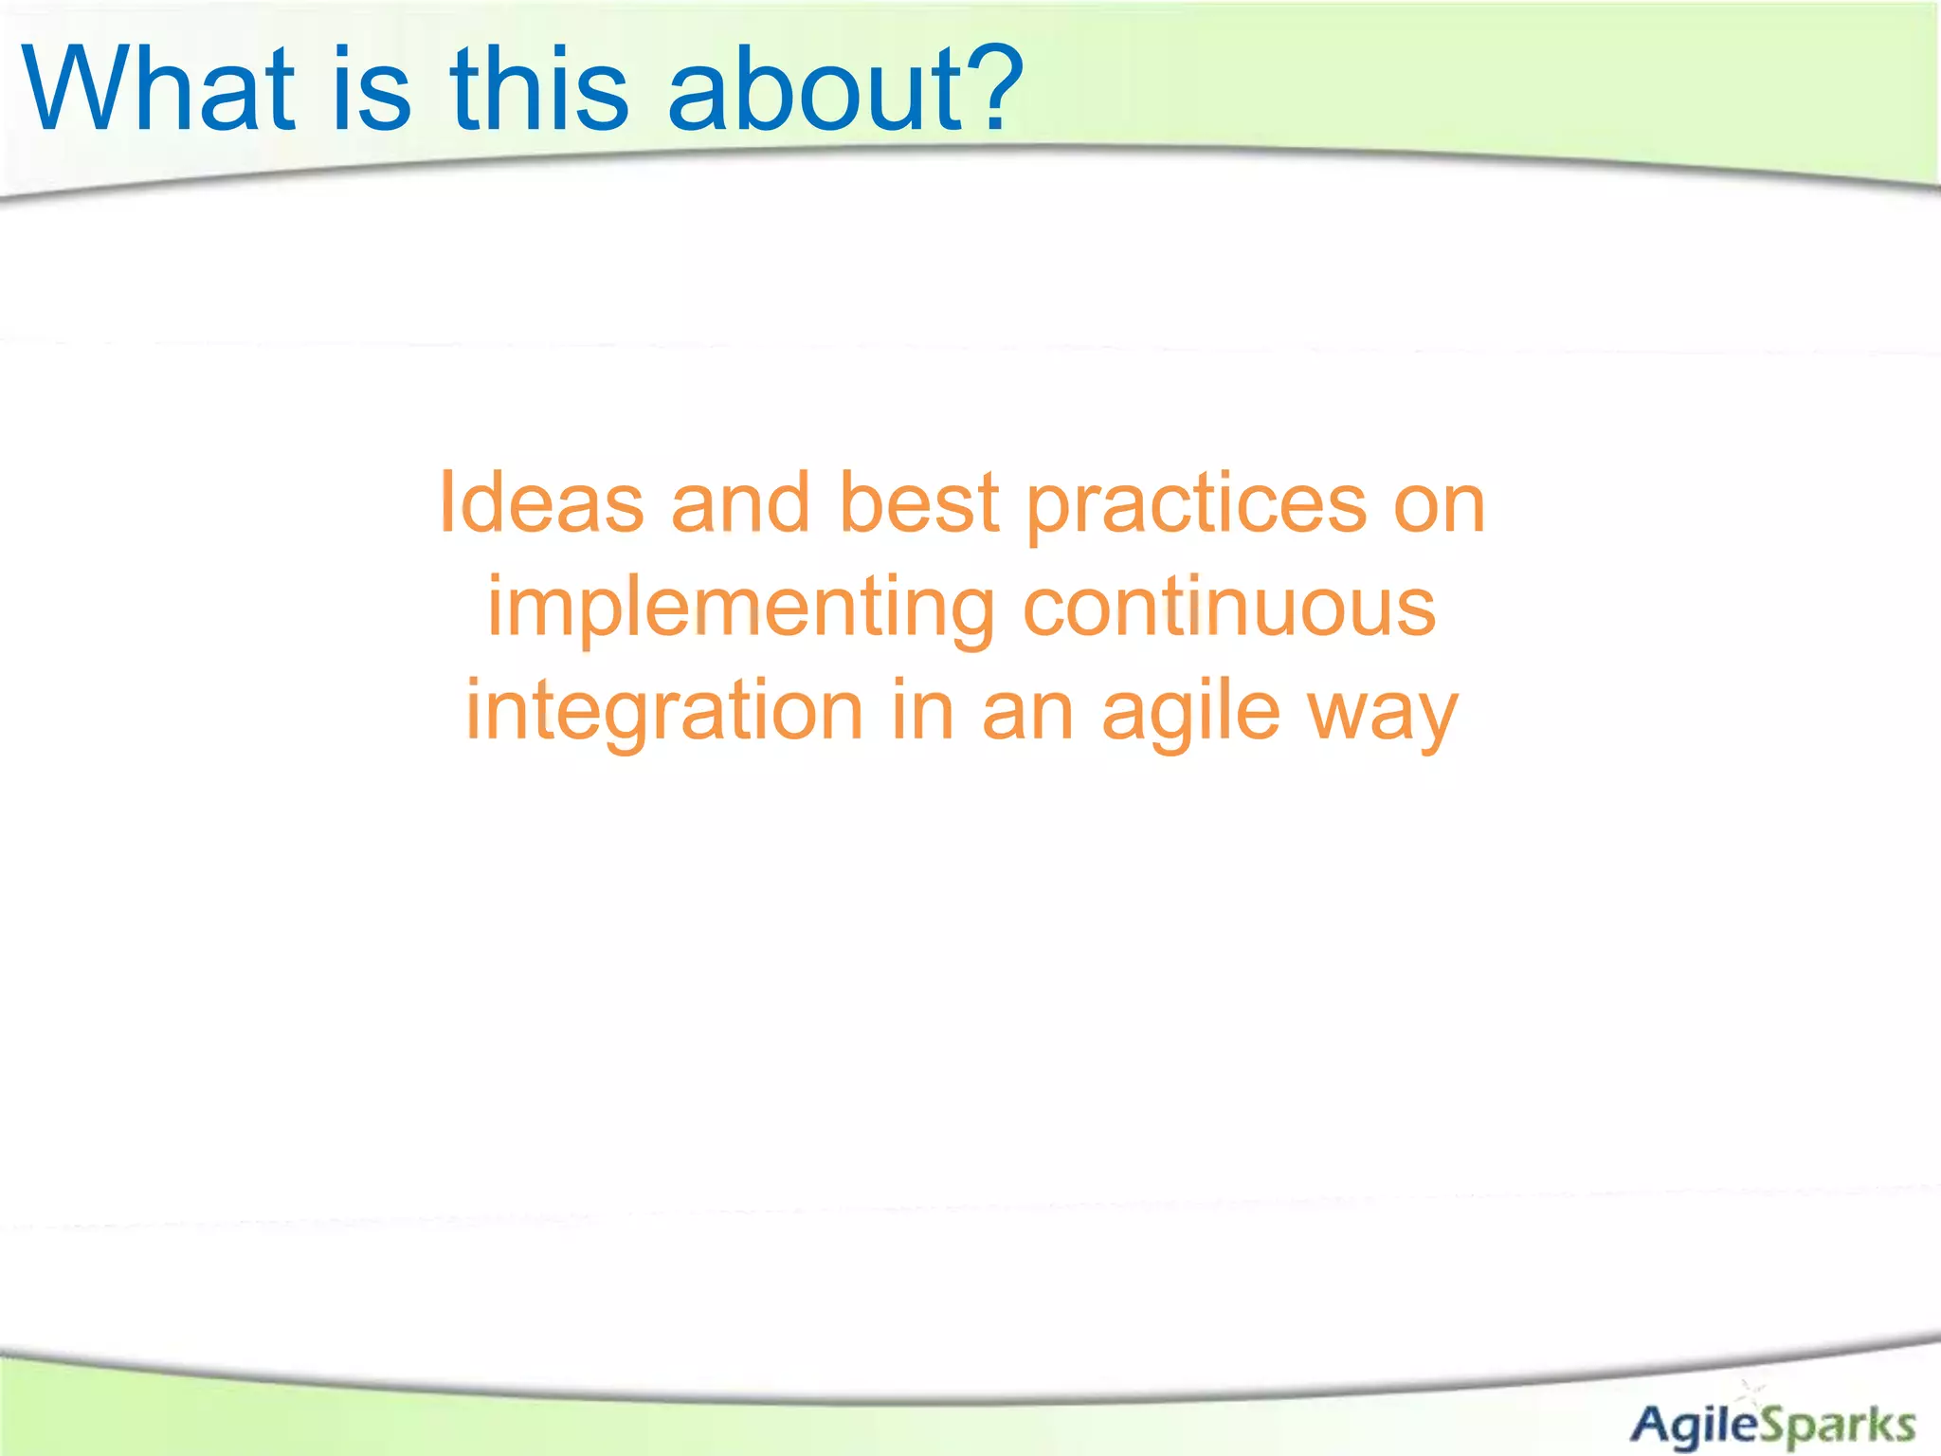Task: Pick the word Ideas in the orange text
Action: (x=541, y=503)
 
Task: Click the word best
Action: (x=918, y=503)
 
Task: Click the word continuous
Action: (x=1229, y=608)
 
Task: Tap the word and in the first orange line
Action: (x=740, y=503)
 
